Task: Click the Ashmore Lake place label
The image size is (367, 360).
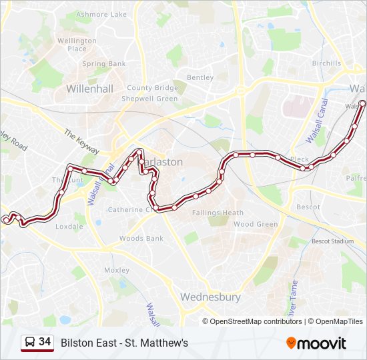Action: click(101, 14)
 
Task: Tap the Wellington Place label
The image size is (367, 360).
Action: click(77, 45)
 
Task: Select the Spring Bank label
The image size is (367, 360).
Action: click(103, 64)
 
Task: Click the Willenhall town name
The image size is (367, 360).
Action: click(90, 88)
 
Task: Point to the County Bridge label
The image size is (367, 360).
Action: click(152, 88)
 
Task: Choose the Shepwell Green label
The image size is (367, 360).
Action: click(149, 99)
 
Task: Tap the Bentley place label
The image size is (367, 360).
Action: click(200, 77)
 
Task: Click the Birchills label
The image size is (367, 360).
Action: click(326, 64)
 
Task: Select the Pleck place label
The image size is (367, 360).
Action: click(300, 160)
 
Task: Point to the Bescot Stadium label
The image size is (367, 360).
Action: click(333, 241)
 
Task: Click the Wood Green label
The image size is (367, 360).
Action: click(256, 225)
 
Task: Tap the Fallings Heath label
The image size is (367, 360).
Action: click(218, 213)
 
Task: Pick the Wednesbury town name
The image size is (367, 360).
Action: click(210, 297)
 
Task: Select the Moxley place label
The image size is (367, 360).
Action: click(117, 271)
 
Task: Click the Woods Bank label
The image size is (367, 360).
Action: click(141, 239)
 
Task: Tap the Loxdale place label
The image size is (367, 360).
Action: click(69, 227)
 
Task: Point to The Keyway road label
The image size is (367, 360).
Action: click(81, 142)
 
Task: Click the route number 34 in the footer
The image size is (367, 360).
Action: click(45, 342)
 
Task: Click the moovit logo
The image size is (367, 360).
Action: click(316, 343)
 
